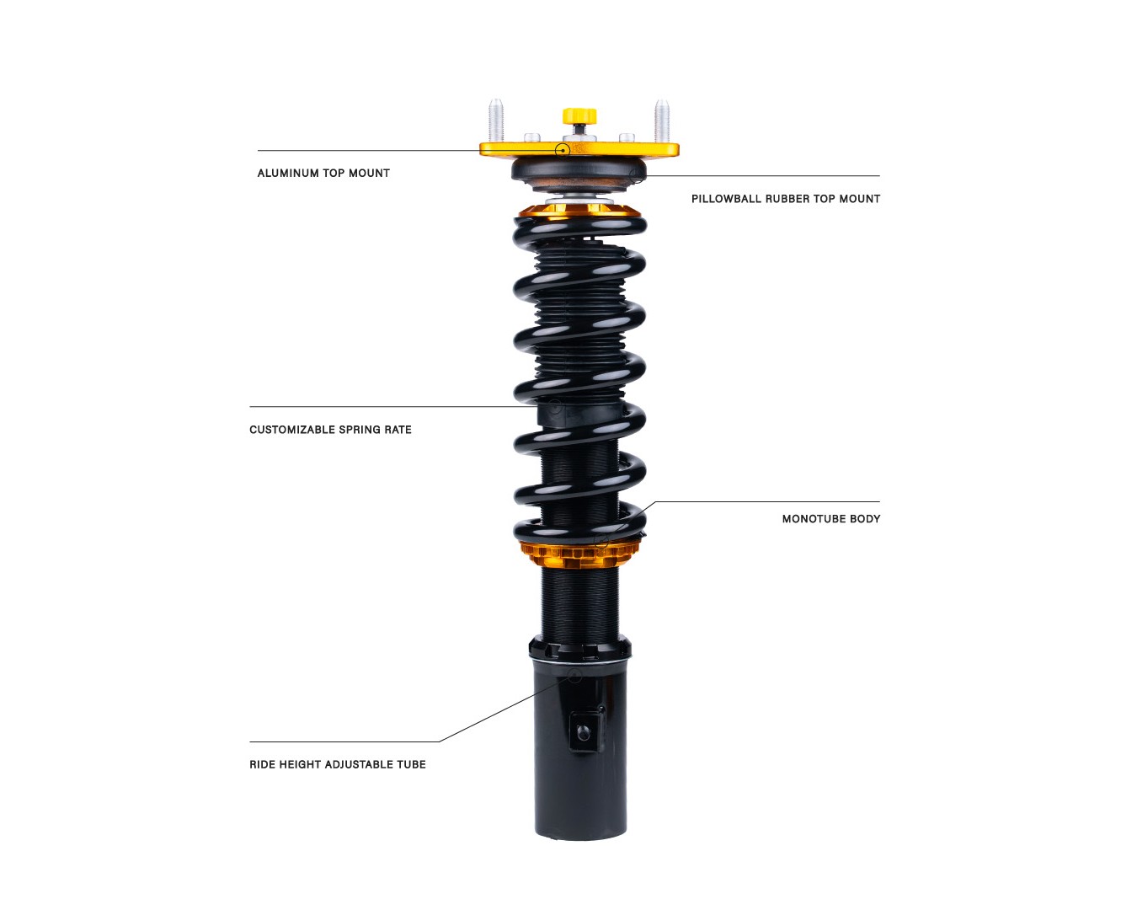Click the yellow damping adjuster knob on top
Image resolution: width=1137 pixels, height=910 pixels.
[579, 115]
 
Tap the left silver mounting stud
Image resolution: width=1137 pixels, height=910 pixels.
[496, 120]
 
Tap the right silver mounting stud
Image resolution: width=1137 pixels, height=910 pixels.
[662, 120]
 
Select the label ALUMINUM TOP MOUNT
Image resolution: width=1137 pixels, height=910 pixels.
[323, 173]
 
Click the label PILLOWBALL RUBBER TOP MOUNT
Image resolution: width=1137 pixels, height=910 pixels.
[786, 199]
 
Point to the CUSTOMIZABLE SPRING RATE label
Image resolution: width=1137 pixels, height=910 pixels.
[330, 430]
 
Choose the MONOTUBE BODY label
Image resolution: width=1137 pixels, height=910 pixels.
[831, 519]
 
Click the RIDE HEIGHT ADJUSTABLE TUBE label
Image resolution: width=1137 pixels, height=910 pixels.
[338, 764]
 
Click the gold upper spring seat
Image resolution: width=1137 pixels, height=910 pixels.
[579, 211]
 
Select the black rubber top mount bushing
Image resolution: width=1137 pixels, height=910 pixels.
[579, 174]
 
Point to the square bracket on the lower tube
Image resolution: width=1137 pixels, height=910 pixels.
[586, 731]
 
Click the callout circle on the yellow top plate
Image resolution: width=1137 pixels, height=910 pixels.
[563, 150]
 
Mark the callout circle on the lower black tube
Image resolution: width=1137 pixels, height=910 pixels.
[574, 676]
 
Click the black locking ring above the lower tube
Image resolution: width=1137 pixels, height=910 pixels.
[579, 650]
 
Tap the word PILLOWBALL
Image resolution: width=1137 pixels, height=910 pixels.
[726, 199]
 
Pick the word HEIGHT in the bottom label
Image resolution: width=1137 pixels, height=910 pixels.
[300, 764]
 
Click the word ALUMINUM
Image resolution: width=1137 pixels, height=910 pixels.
[288, 173]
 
